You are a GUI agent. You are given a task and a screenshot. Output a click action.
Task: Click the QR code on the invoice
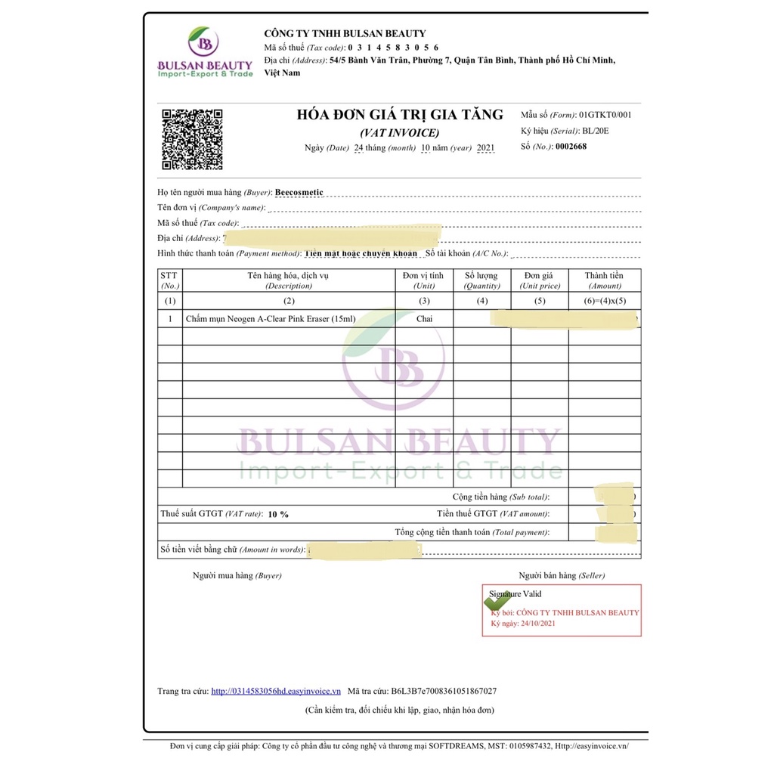click(x=192, y=140)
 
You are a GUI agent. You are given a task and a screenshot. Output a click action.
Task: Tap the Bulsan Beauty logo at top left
click(x=205, y=53)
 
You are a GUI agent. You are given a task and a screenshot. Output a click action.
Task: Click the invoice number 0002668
click(x=571, y=147)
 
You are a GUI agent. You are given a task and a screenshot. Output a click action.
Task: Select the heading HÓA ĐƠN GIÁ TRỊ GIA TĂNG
click(x=400, y=115)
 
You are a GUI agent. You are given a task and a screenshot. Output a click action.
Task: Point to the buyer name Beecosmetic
click(x=299, y=192)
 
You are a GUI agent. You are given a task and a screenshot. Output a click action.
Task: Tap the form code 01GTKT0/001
click(x=605, y=115)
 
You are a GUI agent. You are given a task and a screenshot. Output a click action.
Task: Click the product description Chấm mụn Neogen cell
click(x=270, y=319)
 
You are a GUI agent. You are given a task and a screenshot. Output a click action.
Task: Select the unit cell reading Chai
click(x=424, y=319)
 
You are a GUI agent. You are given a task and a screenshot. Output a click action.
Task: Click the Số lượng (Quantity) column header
click(x=481, y=280)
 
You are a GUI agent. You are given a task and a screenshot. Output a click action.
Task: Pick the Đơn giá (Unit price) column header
click(x=540, y=280)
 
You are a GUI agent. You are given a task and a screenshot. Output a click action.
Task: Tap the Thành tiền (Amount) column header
click(x=604, y=280)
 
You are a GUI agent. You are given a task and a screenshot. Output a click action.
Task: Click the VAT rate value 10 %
click(x=277, y=514)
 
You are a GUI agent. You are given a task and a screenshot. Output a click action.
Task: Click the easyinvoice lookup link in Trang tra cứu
click(x=276, y=691)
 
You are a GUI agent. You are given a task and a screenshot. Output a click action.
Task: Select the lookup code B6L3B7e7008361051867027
click(x=444, y=691)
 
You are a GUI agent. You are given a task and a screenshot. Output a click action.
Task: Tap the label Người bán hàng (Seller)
click(x=562, y=575)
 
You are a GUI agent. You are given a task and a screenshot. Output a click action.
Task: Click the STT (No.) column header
click(x=170, y=280)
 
